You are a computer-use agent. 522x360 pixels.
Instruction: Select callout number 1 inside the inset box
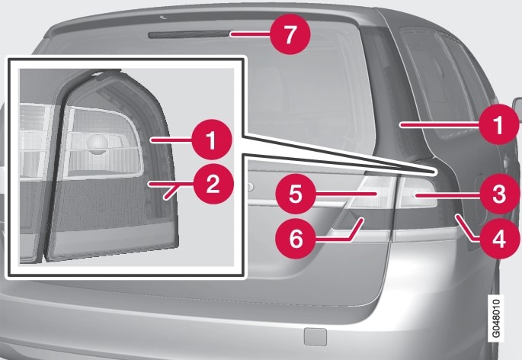click(211, 140)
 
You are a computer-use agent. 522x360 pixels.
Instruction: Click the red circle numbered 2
click(211, 184)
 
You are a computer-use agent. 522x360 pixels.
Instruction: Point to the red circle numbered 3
click(497, 195)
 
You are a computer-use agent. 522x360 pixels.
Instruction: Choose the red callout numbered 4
click(497, 238)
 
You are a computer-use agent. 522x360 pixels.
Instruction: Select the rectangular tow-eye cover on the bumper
click(312, 334)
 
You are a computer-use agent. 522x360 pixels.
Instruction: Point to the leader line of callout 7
click(251, 34)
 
